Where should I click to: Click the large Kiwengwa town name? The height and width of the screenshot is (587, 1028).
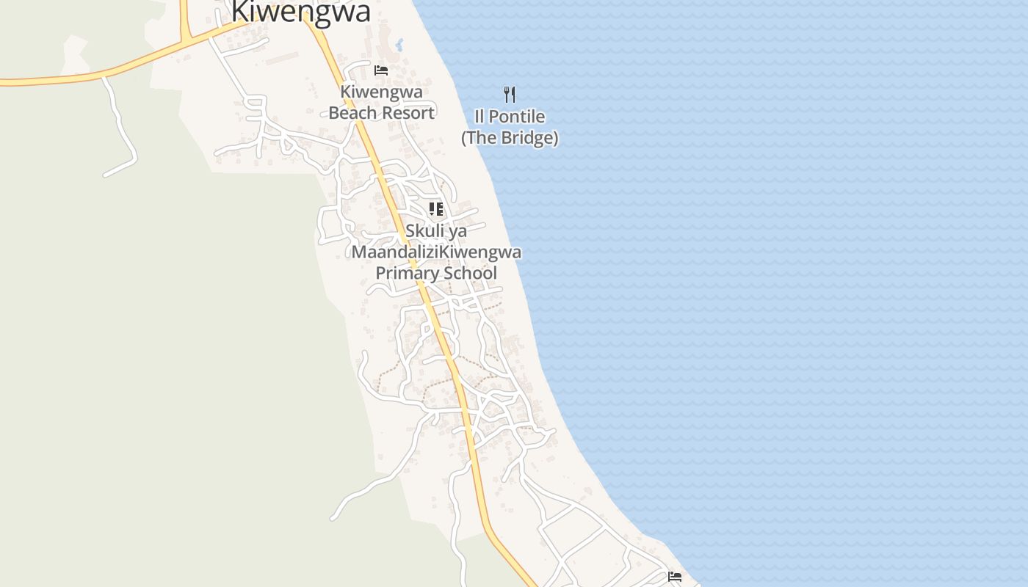coord(300,12)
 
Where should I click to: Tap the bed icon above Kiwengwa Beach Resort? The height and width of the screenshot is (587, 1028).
coord(381,70)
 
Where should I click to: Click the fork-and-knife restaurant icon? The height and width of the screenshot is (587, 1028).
coord(510,94)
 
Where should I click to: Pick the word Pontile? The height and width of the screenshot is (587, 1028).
coord(518,117)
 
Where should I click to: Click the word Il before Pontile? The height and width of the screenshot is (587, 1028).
coord(479,117)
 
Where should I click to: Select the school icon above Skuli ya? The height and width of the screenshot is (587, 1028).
coord(436,209)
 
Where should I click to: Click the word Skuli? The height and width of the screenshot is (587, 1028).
coord(425,231)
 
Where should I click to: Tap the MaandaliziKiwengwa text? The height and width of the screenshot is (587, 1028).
coord(436,252)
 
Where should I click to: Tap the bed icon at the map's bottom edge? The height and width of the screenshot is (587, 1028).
coord(675,577)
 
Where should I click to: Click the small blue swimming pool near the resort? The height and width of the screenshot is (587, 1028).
coord(399,45)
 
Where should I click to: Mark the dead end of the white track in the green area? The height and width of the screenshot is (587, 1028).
coord(106,175)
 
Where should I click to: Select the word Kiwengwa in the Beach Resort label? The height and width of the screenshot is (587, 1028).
coord(381,92)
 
